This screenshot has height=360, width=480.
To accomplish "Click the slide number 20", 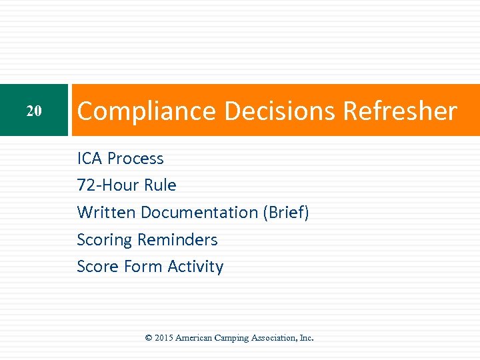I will (34, 111).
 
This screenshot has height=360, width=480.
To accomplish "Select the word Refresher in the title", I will (400, 111).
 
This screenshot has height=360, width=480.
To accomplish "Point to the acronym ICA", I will (90, 159).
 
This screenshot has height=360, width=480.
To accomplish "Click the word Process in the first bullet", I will (135, 159).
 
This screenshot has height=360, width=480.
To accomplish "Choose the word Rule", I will (163, 185).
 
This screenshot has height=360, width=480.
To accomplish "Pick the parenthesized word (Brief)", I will (286, 213).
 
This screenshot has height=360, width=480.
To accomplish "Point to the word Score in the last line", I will (95, 267).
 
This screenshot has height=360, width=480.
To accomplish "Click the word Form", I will (141, 267).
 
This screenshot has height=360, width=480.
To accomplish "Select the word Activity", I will (195, 267).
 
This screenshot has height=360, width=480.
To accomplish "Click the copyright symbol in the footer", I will (149, 338).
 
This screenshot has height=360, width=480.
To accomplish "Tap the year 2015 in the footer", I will (164, 338).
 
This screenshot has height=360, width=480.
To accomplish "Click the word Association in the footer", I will (277, 338).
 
